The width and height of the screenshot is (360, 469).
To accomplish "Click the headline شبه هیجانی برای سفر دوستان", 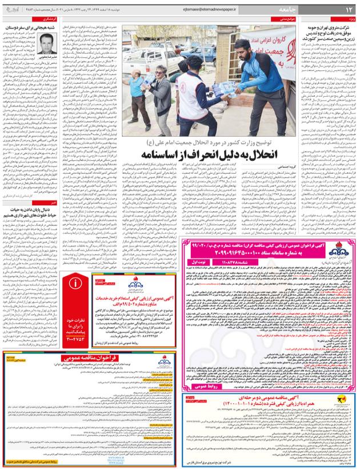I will [x=34, y=26].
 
